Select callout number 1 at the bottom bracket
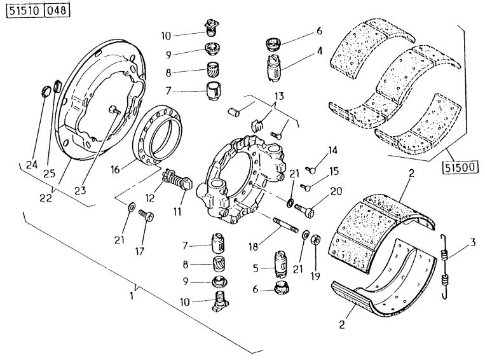click(x=133, y=295)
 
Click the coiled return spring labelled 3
click(x=446, y=266)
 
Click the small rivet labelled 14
click(x=311, y=169)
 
